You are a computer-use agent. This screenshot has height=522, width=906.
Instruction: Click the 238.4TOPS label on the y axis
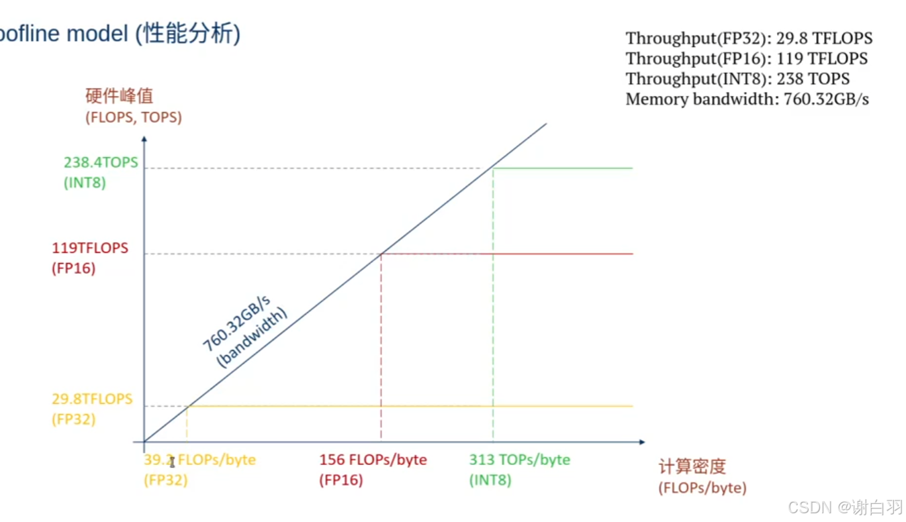(101, 162)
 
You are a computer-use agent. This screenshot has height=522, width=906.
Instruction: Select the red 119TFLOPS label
(90, 248)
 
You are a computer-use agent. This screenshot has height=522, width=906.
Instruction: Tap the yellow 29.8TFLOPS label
(92, 399)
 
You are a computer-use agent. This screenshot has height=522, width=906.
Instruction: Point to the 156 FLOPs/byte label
(373, 460)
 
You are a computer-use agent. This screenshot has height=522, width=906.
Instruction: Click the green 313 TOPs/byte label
(519, 460)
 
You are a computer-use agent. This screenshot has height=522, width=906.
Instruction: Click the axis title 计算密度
(692, 467)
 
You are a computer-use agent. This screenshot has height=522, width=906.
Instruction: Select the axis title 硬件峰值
(119, 96)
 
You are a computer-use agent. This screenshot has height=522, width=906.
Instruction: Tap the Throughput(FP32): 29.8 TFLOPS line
(749, 38)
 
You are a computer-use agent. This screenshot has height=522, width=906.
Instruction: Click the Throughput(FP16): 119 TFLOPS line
(746, 58)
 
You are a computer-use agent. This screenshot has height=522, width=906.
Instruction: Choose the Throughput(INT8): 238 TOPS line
(737, 79)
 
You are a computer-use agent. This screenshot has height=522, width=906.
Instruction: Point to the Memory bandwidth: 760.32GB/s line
(747, 99)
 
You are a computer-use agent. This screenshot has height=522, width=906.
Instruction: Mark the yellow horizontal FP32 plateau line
(410, 407)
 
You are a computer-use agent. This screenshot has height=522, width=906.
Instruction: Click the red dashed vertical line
(381, 349)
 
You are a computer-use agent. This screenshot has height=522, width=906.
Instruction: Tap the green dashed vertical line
(493, 302)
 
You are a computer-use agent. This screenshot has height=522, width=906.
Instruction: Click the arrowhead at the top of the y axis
(144, 139)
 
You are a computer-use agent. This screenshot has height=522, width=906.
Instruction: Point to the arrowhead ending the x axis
(641, 442)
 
